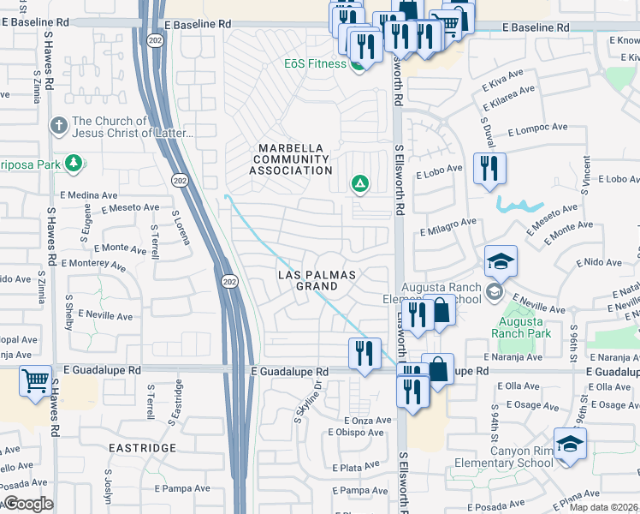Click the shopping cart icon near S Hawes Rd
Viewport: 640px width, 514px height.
(x=34, y=380)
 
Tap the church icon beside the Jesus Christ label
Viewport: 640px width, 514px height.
(x=59, y=126)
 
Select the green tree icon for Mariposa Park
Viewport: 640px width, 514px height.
(x=74, y=163)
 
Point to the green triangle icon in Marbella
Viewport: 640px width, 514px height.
(x=360, y=183)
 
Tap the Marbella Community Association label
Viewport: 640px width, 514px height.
(x=289, y=159)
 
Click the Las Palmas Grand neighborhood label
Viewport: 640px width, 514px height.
(x=316, y=280)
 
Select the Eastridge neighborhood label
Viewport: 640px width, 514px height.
(x=142, y=448)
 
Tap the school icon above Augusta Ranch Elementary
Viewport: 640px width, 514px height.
(x=501, y=260)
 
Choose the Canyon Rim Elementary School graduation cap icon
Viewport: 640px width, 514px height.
(x=570, y=443)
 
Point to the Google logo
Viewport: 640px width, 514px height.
(x=27, y=504)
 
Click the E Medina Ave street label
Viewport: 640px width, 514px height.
(x=88, y=195)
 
